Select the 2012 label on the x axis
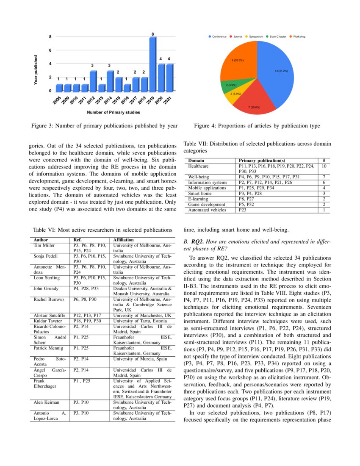pos(91,100)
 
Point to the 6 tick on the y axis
pos(50,50)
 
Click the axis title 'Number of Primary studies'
pos(113,112)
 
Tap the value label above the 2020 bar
pos(161,58)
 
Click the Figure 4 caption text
pos(257,125)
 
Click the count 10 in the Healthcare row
pos(324,166)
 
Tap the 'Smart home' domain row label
pos(199,193)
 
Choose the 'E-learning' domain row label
pos(198,199)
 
